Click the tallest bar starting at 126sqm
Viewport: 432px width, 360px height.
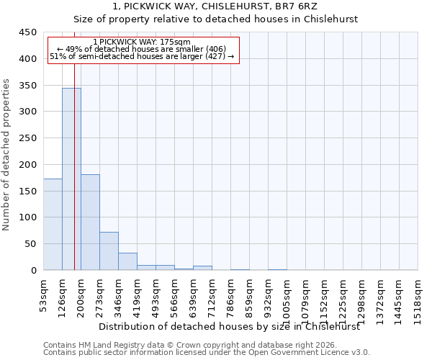coord(71,179)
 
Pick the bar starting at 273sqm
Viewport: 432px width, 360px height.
coord(109,251)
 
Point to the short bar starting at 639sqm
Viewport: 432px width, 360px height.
coord(202,268)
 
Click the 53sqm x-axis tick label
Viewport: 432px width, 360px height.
coord(44,294)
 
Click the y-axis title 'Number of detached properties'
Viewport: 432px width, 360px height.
coord(6,155)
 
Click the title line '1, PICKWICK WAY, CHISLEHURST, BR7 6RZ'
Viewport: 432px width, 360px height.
coord(215,6)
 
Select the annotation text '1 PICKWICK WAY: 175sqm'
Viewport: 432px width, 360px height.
coord(142,42)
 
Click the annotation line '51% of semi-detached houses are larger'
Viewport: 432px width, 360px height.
coord(142,56)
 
